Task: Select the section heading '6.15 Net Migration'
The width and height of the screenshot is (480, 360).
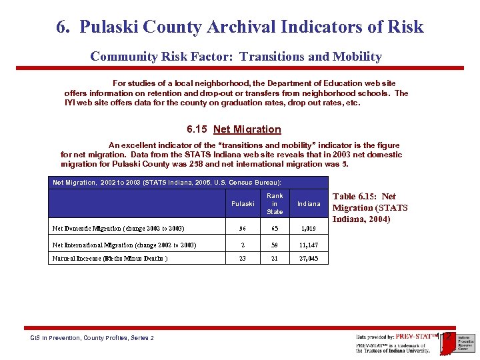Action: (x=234, y=129)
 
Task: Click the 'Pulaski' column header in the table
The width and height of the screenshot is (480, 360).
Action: (x=243, y=204)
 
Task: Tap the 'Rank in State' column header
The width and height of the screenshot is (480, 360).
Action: (x=275, y=204)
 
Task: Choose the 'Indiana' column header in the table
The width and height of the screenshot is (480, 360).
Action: (x=309, y=204)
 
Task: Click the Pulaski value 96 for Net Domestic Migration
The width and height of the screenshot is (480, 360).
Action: (x=243, y=229)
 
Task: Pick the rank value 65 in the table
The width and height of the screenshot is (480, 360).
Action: (x=275, y=229)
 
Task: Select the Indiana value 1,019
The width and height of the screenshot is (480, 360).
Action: (x=309, y=229)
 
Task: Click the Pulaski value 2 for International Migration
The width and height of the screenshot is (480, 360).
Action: (x=243, y=245)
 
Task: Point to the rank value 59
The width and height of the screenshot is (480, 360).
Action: (x=275, y=245)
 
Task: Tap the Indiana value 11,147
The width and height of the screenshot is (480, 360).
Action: (x=309, y=245)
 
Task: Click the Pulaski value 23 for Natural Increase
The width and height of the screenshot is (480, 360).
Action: (x=243, y=259)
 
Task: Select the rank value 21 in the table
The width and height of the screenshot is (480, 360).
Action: (x=275, y=259)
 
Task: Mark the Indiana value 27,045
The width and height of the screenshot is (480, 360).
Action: (x=309, y=259)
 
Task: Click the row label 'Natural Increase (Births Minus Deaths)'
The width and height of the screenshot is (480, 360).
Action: (x=110, y=259)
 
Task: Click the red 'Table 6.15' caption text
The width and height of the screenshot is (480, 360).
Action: (x=370, y=207)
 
